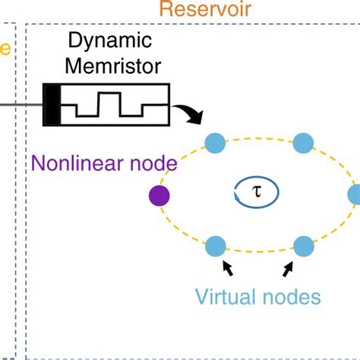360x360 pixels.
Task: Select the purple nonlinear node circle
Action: tap(159, 196)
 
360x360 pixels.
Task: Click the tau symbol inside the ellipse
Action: tap(256, 193)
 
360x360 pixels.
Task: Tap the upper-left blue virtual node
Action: tap(216, 143)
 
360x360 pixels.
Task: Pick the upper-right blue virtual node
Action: tap(303, 143)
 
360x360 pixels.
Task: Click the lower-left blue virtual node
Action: tap(216, 246)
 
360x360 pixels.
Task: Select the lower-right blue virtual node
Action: tap(303, 246)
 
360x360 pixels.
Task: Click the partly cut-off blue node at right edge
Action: tap(355, 194)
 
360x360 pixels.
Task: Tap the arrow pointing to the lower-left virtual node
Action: tap(227, 268)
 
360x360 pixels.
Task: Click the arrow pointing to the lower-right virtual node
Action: tap(290, 268)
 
